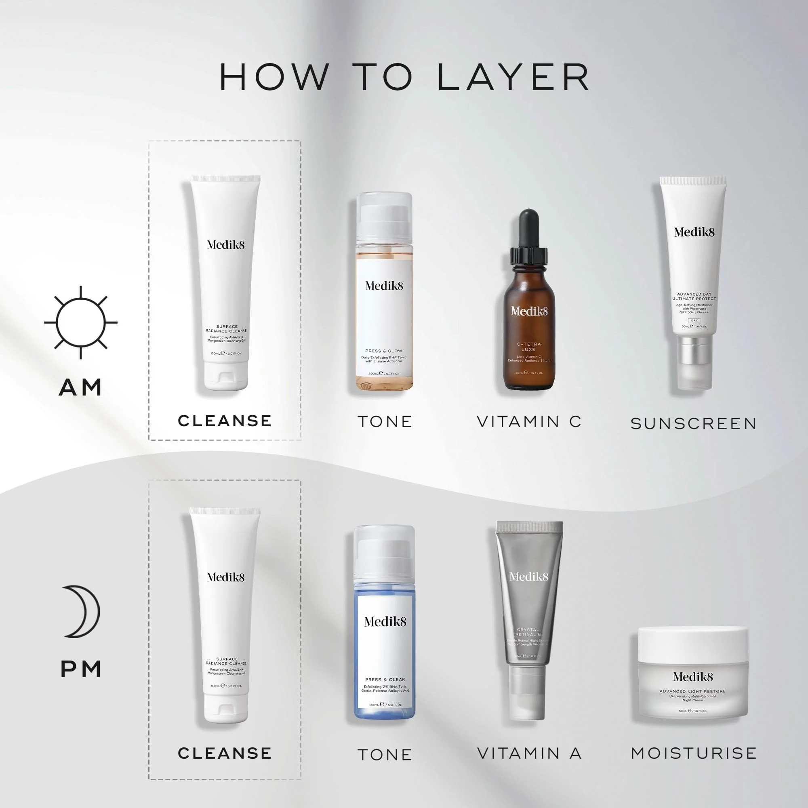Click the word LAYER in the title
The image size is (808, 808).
pyautogui.click(x=513, y=78)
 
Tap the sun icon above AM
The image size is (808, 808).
pyautogui.click(x=81, y=322)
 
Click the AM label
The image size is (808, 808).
pyautogui.click(x=80, y=387)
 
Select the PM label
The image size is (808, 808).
pyautogui.click(x=81, y=669)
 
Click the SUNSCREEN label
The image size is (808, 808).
pyautogui.click(x=693, y=424)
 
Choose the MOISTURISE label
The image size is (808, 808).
pyautogui.click(x=693, y=753)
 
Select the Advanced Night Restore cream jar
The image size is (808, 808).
pyautogui.click(x=692, y=673)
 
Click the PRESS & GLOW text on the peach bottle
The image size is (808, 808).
pyautogui.click(x=383, y=351)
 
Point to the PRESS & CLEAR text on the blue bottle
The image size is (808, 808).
pyautogui.click(x=385, y=680)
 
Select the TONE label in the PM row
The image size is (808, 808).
pyautogui.click(x=385, y=755)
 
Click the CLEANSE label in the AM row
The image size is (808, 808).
pyautogui.click(x=225, y=421)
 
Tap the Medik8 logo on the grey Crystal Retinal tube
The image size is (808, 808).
pyautogui.click(x=528, y=577)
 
